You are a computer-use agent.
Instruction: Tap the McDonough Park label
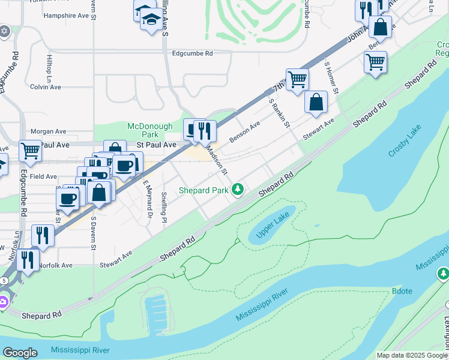(x=149, y=130)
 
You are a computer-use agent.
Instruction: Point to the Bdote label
(x=402, y=290)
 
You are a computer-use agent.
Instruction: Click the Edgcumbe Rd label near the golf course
(x=192, y=53)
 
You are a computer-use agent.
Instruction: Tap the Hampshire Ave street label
(x=66, y=16)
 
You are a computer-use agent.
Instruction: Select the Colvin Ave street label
(x=46, y=87)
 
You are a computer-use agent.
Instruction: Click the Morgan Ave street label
(x=48, y=131)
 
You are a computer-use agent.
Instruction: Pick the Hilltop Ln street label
(x=49, y=70)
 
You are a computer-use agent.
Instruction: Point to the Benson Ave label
(x=244, y=131)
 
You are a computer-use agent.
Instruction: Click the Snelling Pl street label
(x=164, y=206)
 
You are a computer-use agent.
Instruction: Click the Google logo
(x=20, y=353)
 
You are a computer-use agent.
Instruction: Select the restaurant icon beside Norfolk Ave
(x=27, y=259)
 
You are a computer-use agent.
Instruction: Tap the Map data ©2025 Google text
(x=412, y=355)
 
